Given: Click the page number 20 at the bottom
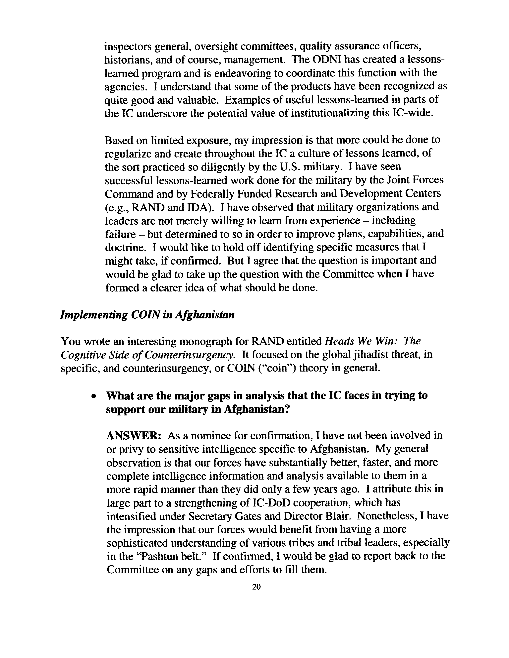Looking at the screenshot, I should pos(256,587).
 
